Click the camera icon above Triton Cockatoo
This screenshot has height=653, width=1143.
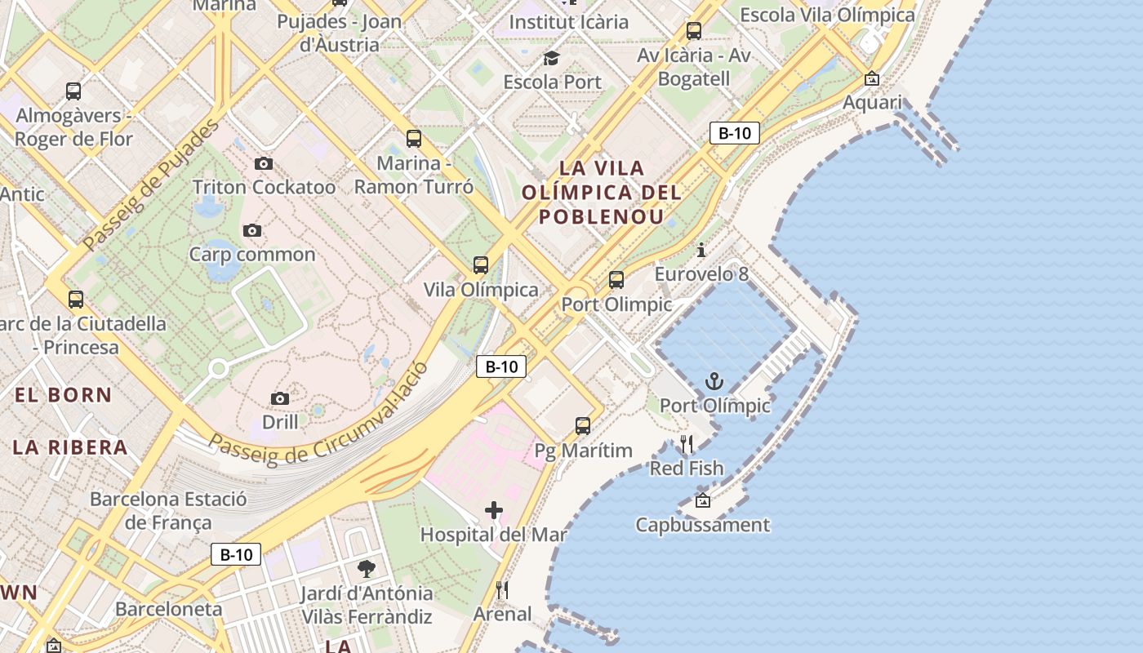coord(263,164)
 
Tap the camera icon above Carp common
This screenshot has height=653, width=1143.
coord(252,231)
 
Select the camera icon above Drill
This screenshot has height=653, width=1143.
coord(280,399)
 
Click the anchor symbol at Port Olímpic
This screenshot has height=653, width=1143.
coord(714,381)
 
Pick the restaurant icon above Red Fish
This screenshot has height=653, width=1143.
coord(687,445)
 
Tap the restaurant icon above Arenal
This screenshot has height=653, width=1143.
coord(502,590)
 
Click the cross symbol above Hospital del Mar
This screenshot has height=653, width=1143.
coord(494,511)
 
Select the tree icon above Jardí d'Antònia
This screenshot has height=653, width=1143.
coord(367,569)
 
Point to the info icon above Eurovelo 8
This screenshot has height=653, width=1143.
coord(700,250)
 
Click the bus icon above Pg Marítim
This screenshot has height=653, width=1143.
coord(583,426)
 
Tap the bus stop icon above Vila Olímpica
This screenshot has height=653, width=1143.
coord(481,265)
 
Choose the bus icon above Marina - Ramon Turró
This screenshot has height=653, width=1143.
coord(414,139)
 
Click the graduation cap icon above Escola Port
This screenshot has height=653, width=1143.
coord(552,58)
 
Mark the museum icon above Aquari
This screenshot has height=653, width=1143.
coord(872,79)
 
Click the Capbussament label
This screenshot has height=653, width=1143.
coord(702,525)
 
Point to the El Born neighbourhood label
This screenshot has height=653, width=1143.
coord(64,395)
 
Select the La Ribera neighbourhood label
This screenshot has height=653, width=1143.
coord(70,447)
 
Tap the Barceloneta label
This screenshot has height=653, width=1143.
coord(168,610)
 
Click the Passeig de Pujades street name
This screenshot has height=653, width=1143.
coord(152,184)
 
